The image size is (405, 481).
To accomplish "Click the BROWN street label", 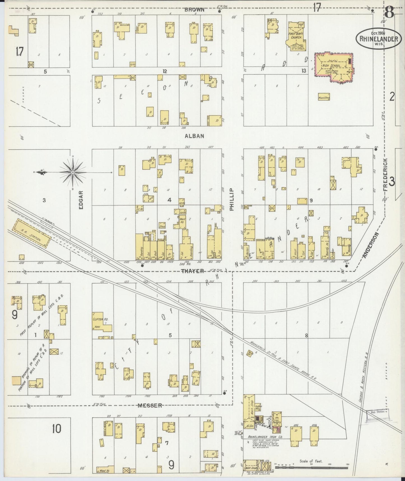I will (x=194, y=10).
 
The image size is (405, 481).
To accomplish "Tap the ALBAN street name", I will (x=194, y=136).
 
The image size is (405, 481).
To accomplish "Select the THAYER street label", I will (x=192, y=271).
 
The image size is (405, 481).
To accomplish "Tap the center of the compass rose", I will (x=73, y=172).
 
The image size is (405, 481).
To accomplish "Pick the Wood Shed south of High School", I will (x=324, y=98).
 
